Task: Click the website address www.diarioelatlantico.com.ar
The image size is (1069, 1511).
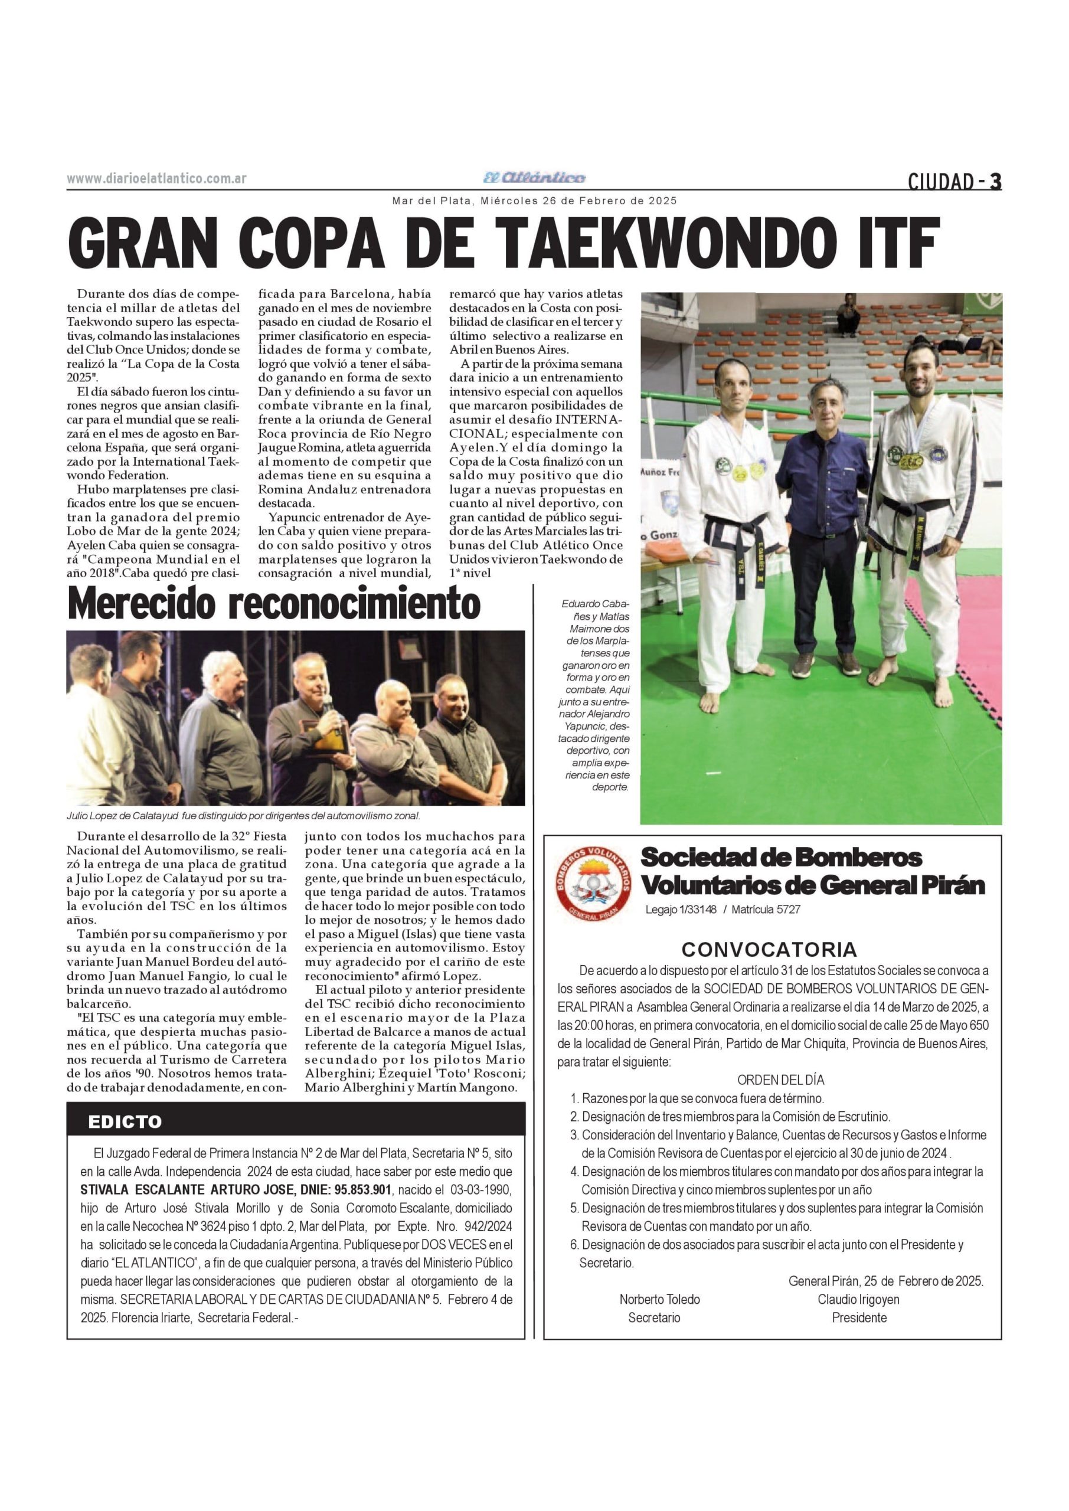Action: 156,178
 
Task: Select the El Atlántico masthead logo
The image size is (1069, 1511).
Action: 534,178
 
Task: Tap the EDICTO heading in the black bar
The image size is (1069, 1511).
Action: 125,1122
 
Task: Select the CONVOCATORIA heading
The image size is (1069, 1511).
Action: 769,950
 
